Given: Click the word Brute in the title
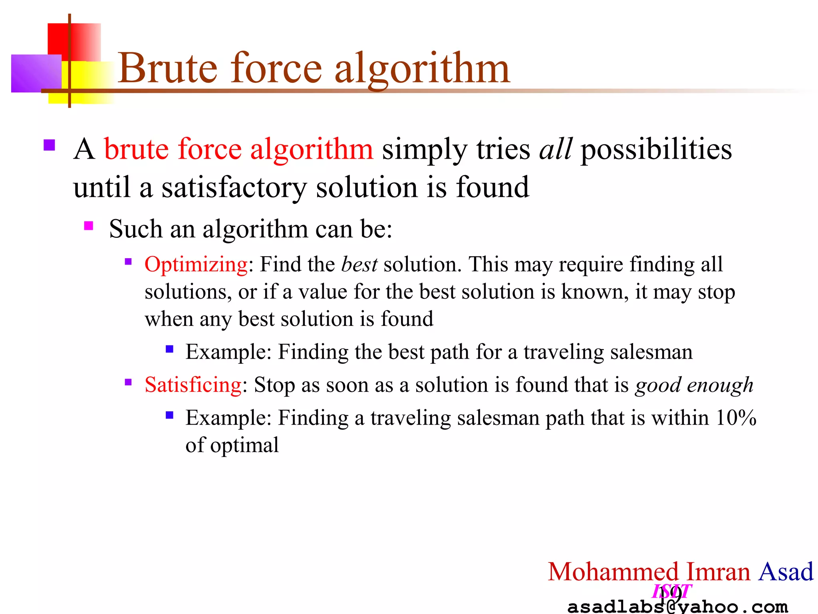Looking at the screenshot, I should point(168,69).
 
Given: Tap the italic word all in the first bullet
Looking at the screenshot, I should point(556,149).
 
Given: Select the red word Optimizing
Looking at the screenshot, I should point(196,265).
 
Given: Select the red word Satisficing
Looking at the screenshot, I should point(193,385).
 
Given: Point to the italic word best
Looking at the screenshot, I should point(359,265).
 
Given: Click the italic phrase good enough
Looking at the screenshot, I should point(694,385).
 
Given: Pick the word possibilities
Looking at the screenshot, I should point(656,149).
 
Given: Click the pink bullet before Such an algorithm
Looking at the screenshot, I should point(89,226).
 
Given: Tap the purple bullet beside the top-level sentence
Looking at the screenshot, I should point(49,145).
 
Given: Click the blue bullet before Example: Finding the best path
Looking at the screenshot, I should point(169,349).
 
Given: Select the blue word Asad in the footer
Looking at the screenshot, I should point(786,572).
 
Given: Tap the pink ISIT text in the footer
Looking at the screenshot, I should point(671,591).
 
